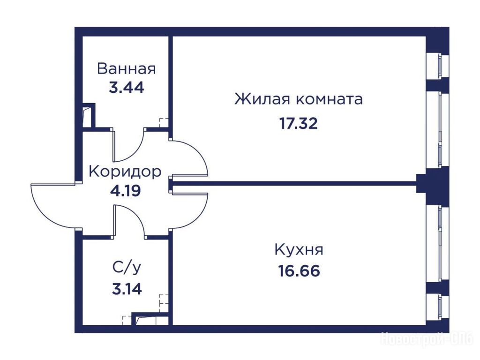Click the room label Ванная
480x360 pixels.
click(x=127, y=68)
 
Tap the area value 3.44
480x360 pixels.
click(x=127, y=88)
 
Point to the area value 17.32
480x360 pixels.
click(x=299, y=124)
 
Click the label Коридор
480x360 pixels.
click(x=125, y=172)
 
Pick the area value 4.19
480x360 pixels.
click(x=126, y=191)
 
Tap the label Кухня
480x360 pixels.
click(x=299, y=249)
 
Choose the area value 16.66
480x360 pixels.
click(x=299, y=271)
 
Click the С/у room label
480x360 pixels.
click(x=127, y=267)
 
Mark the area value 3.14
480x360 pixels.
click(x=127, y=289)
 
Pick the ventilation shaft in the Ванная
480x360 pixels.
click(x=89, y=115)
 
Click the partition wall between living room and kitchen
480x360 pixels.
click(x=294, y=184)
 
